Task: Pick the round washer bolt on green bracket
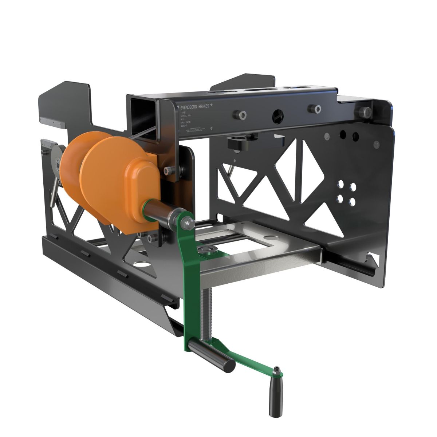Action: pos(202,250)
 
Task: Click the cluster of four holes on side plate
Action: pos(346,193)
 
